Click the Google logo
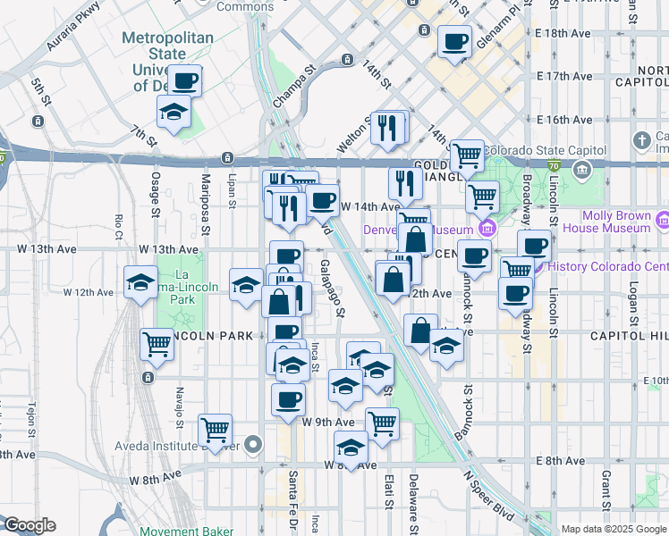pyautogui.click(x=29, y=525)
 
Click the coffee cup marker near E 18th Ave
pyautogui.click(x=454, y=42)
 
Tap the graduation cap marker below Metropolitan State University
pyautogui.click(x=174, y=113)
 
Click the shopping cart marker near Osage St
pyautogui.click(x=157, y=344)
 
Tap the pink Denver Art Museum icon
pyautogui.click(x=486, y=229)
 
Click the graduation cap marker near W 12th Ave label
pyautogui.click(x=140, y=282)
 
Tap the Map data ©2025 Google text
pyautogui.click(x=613, y=529)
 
